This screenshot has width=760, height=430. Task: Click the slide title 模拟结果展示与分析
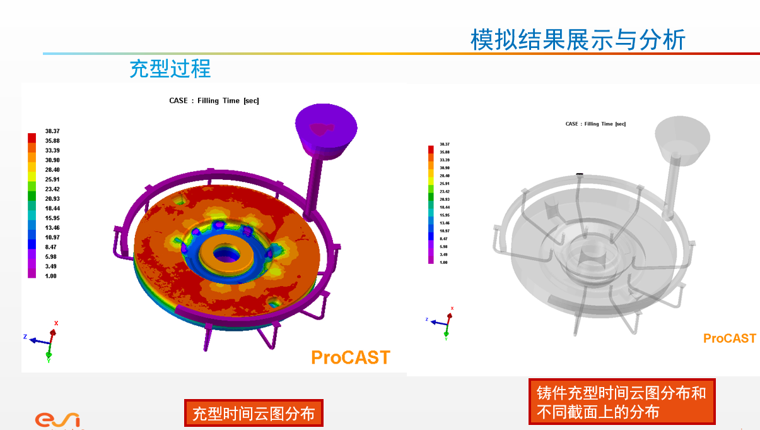coord(578,40)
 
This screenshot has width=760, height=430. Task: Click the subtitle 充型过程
coord(170,68)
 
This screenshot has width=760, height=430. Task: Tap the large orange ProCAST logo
coord(351,357)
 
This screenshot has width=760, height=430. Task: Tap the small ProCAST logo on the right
coord(729,338)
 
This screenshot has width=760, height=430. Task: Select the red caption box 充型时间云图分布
coord(253,414)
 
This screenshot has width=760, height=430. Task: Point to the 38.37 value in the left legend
coord(52,131)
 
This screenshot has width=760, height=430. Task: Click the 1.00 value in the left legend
coord(50,276)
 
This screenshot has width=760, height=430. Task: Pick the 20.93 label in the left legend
coord(52,199)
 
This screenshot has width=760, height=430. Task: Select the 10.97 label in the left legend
coord(52,237)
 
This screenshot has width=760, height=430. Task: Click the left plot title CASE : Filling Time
coord(214,100)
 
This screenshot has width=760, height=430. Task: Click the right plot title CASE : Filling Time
coord(595,124)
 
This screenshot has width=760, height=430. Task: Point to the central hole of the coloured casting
coord(225,254)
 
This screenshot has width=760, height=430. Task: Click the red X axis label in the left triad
coord(56,323)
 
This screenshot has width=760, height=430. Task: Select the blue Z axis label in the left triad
coord(25,337)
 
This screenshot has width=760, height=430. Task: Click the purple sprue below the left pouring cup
coord(313,183)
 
